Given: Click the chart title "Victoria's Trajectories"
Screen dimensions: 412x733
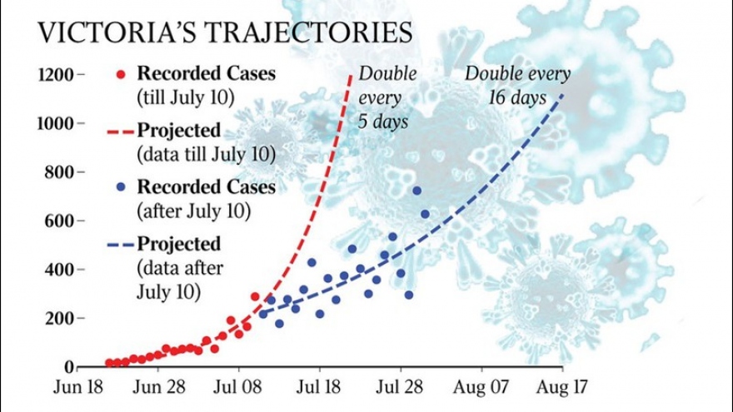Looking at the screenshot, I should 225,32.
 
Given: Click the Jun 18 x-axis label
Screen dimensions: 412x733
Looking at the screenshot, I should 78,387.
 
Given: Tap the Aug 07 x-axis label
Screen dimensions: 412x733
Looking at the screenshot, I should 482,387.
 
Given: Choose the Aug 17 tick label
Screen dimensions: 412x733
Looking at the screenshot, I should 563,387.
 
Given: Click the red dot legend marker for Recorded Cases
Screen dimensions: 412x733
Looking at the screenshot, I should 122,73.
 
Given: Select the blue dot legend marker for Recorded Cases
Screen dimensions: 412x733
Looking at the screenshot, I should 122,186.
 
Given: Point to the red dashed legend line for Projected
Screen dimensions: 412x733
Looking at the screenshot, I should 122,132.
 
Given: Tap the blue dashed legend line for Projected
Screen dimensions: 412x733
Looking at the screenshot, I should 122,245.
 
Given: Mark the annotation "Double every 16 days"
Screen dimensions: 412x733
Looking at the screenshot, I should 517,85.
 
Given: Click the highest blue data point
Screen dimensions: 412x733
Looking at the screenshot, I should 417,191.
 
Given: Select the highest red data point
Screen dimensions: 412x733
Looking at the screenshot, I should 255,296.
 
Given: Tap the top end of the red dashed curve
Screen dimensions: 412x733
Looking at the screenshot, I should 351,76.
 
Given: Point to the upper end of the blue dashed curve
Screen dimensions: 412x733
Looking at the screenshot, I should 563,94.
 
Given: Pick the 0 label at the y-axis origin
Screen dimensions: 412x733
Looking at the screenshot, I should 70,367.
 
